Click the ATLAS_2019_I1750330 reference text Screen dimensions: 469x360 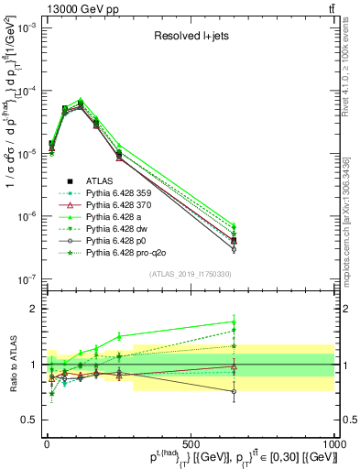pyautogui.click(x=190, y=274)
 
